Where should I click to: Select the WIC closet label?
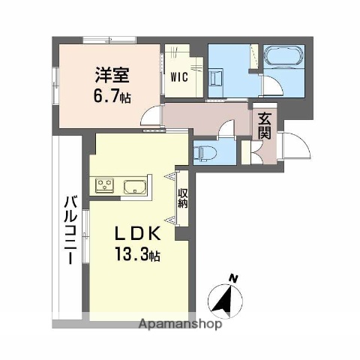179,76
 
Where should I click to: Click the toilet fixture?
203,154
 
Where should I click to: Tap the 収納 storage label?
182,199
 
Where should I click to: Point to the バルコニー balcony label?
68,226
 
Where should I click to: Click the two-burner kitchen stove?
103,184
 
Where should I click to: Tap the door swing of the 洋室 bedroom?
152,115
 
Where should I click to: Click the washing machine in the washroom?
217,79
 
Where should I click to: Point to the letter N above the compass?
234,278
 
